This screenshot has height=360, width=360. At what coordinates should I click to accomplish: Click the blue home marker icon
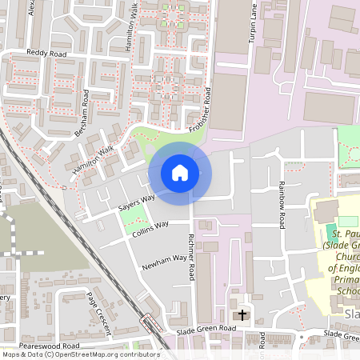coord(180,173)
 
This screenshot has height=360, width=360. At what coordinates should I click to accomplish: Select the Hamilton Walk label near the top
coord(134,37)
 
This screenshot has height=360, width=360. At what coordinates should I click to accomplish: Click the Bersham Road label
coord(82,116)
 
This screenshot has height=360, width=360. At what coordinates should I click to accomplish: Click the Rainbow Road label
coord(282,204)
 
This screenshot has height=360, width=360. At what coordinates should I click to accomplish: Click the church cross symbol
coord(243,314)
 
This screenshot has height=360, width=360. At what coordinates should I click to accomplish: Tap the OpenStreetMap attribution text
coord(80,354)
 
